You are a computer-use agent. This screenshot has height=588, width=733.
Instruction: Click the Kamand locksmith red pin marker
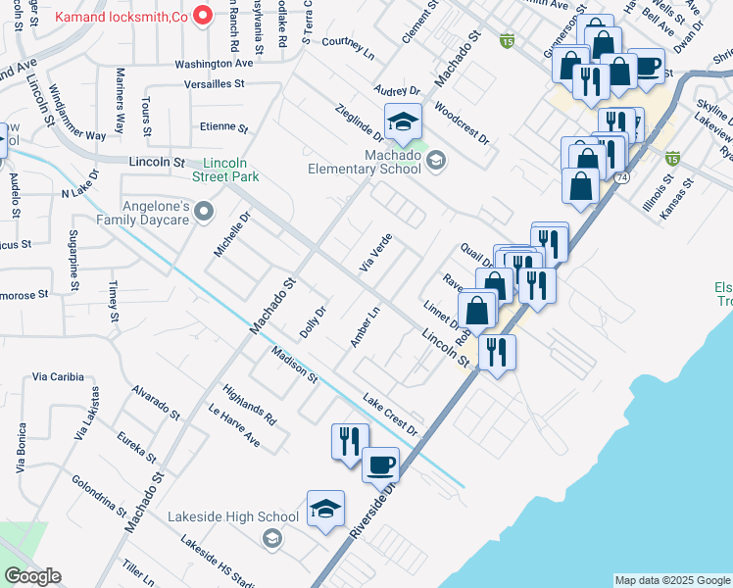[x=204, y=16]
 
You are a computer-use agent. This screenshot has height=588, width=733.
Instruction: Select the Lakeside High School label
[x=232, y=516]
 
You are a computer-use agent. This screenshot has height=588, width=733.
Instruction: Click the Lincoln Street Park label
[x=232, y=170]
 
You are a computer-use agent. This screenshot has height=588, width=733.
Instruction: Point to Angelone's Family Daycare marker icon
[x=204, y=211]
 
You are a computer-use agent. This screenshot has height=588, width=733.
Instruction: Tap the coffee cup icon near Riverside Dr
[x=380, y=465]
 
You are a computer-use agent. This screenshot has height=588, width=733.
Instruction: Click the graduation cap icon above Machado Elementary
[x=402, y=122]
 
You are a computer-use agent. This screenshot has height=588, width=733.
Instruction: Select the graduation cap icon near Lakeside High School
[x=325, y=510]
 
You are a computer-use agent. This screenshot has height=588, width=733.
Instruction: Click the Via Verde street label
[x=376, y=254]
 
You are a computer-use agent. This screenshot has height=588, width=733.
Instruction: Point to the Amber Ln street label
[x=365, y=327]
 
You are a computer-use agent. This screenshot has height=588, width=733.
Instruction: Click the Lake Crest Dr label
[x=390, y=415]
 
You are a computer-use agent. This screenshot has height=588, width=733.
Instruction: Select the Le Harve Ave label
[x=233, y=425]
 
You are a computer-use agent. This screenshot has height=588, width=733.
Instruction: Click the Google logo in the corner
[x=32, y=576]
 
